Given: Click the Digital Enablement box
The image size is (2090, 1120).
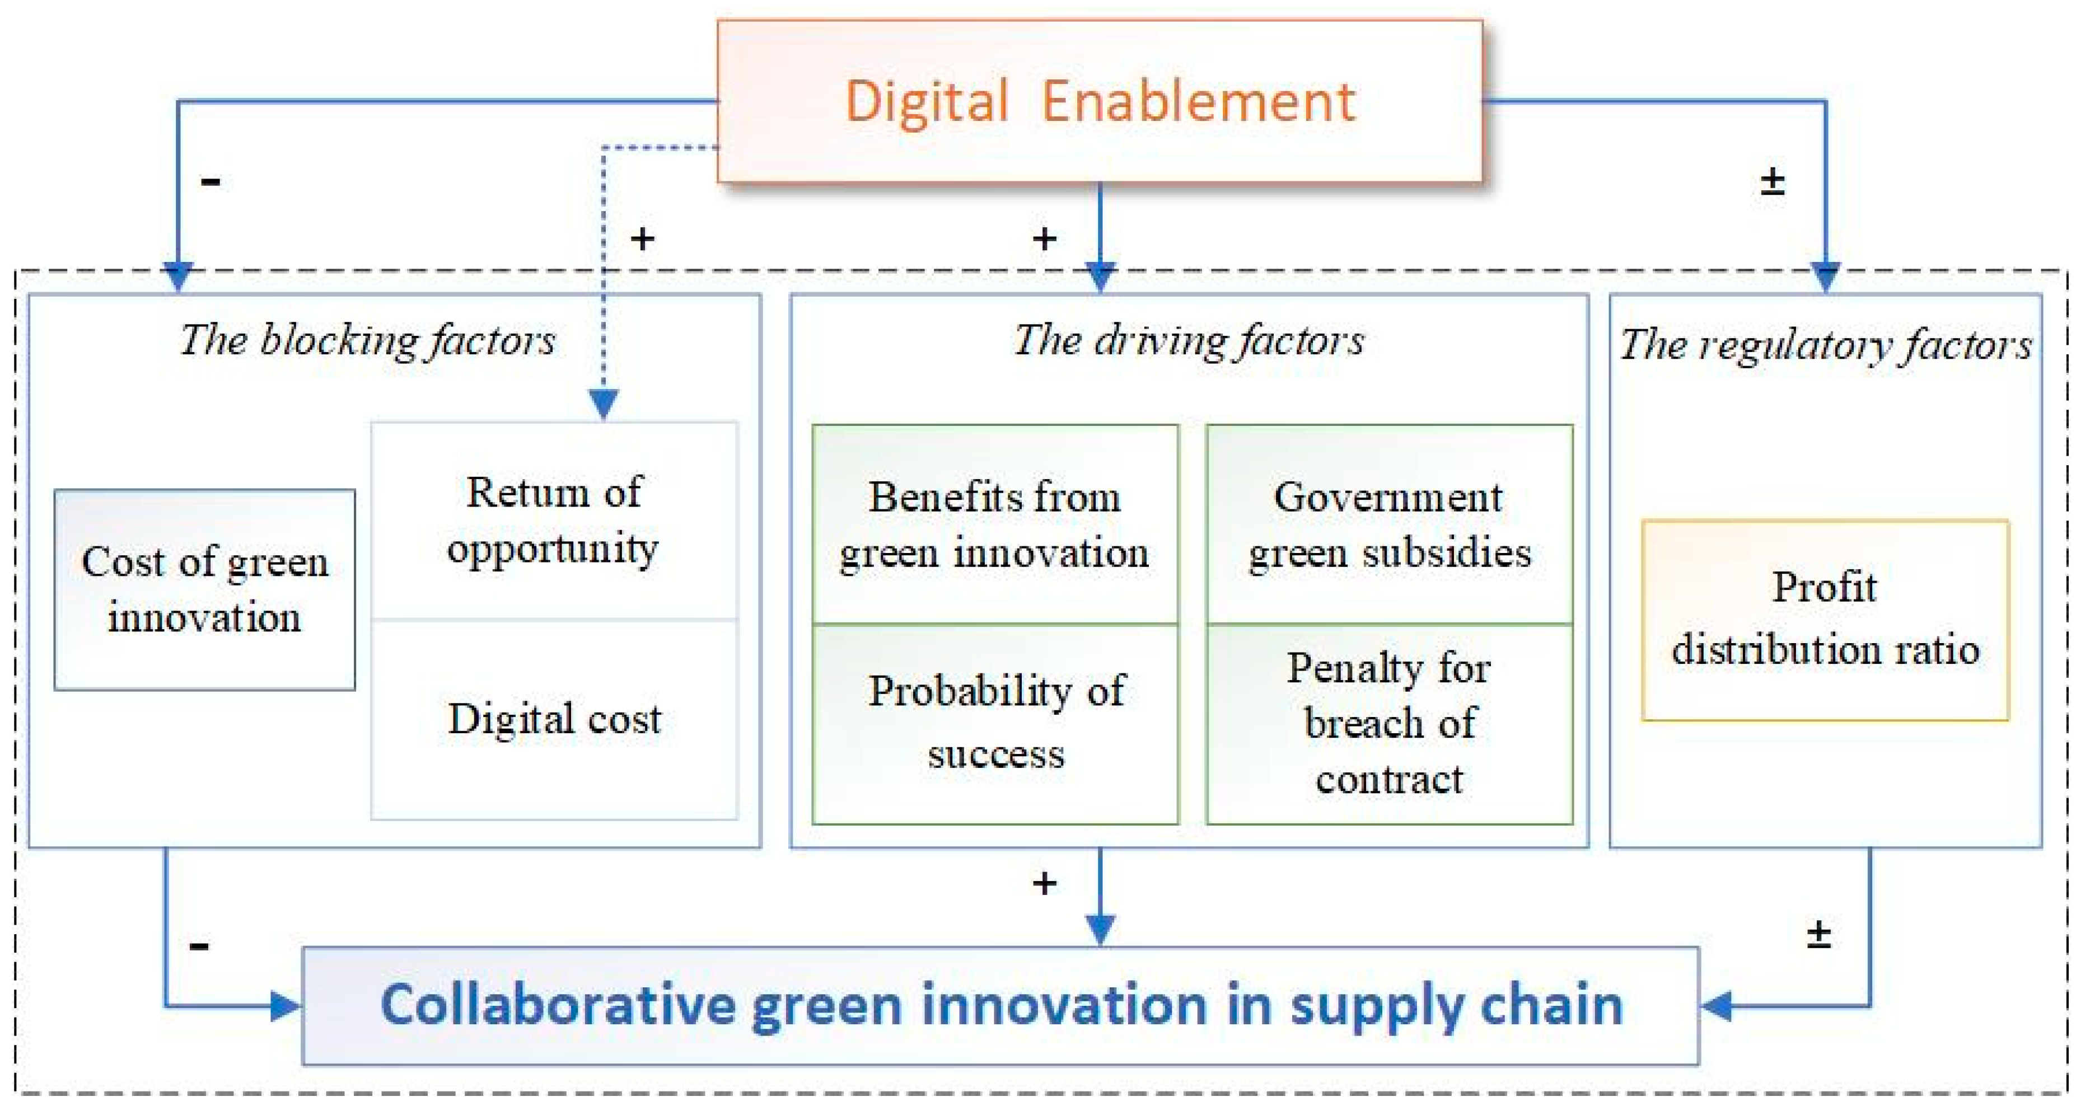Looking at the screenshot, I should (x=1100, y=101).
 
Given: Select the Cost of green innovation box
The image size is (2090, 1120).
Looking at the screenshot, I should (x=204, y=589).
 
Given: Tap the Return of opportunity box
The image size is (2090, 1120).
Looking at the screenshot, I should (x=554, y=521).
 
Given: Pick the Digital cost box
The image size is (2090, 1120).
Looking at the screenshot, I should (x=554, y=719).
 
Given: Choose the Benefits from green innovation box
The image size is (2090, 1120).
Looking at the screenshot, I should (x=995, y=524).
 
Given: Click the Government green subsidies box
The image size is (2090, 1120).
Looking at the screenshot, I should (x=1389, y=524).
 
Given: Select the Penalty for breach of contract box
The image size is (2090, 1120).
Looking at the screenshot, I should (x=1389, y=723).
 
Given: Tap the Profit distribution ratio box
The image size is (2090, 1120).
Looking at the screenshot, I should (x=1825, y=620).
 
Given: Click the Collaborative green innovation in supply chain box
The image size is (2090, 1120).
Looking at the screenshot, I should (x=1000, y=1006).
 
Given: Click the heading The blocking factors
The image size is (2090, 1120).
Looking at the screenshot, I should (x=367, y=341).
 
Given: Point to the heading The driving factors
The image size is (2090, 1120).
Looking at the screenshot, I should (x=1189, y=341).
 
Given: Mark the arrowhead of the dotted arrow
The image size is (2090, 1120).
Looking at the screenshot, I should (x=604, y=403).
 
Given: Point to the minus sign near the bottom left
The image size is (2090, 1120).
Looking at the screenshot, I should (x=199, y=945).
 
